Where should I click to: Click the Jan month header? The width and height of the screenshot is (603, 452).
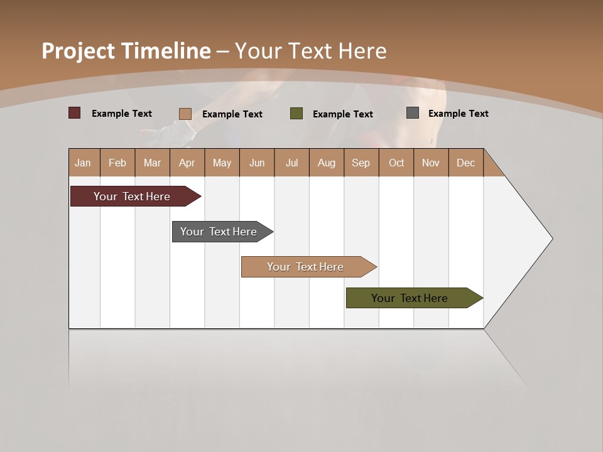(84, 163)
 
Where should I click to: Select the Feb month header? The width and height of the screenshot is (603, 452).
(117, 163)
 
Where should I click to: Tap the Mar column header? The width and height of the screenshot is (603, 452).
(152, 163)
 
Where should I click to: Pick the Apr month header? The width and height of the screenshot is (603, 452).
(187, 163)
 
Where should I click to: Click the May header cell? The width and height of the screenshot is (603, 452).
(222, 163)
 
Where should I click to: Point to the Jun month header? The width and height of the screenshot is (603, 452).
(257, 163)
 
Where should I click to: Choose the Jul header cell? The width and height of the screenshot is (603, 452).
(291, 163)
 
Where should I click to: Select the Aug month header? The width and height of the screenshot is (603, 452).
(327, 163)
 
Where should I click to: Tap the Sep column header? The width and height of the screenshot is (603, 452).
(361, 163)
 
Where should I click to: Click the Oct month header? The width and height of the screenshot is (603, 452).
(396, 163)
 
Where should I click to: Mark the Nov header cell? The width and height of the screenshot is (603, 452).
(431, 163)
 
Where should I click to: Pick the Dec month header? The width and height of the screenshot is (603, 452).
(466, 163)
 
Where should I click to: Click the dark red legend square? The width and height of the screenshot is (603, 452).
(75, 113)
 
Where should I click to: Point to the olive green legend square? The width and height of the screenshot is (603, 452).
(296, 114)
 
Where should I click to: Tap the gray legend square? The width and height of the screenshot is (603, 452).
(413, 113)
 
